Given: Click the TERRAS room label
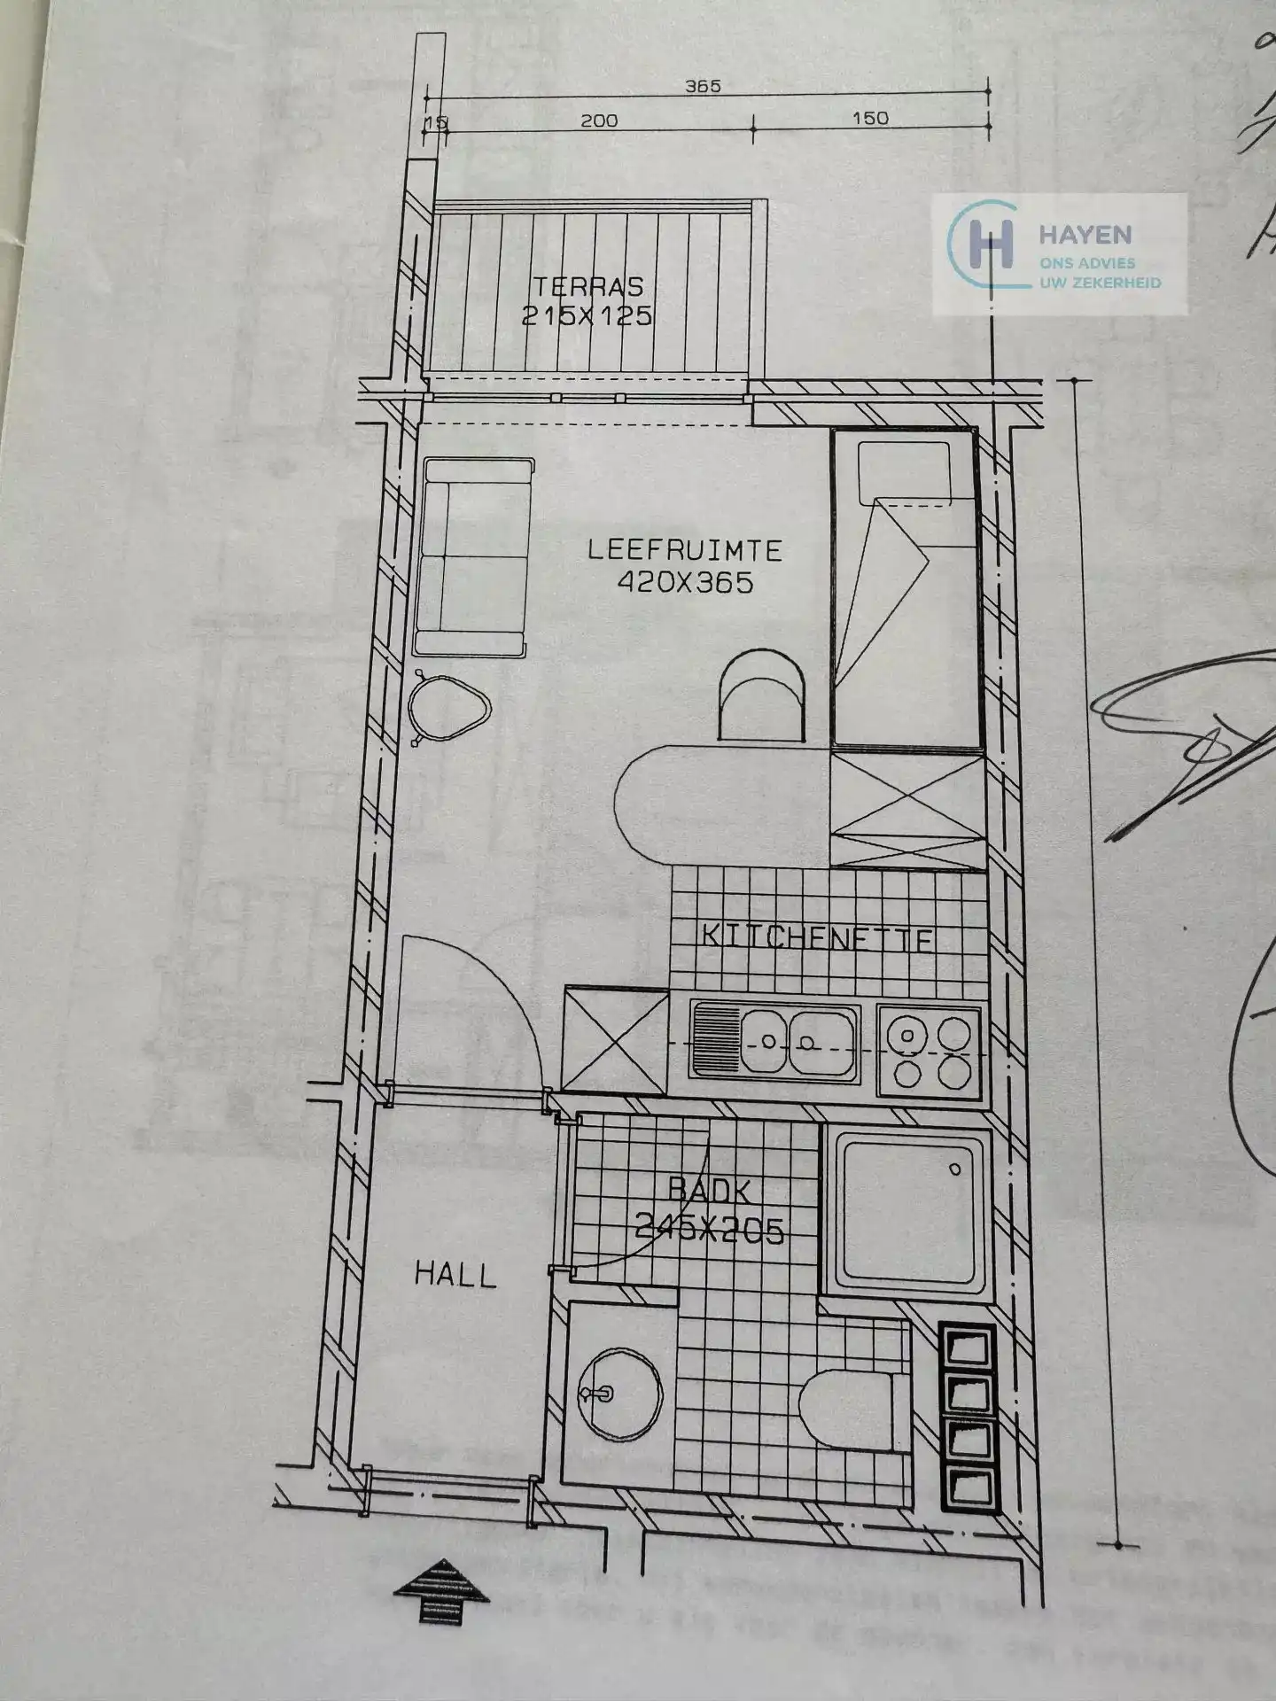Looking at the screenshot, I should tap(587, 286).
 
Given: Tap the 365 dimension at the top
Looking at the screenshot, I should tap(703, 87).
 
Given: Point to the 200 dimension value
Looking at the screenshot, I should tap(599, 120).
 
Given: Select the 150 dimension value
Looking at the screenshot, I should tap(869, 118).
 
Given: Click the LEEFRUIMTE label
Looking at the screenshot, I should tap(685, 550).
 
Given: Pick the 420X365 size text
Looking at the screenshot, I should tap(685, 582).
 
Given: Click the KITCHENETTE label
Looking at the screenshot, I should tap(817, 937).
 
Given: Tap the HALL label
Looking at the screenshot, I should tap(455, 1275).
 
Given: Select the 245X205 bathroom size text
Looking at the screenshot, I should tap(709, 1229).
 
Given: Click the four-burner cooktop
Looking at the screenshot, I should tap(930, 1050).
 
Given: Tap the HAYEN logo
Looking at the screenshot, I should tap(1059, 252).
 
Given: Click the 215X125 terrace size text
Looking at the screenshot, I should tap(586, 315).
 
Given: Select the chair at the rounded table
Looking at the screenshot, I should tap(762, 695).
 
